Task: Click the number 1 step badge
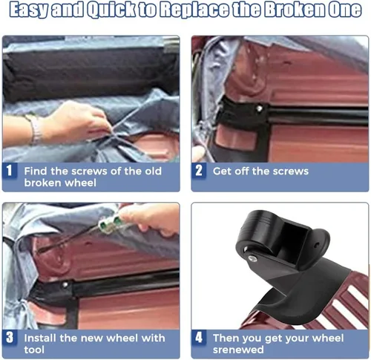pyautogui.click(x=10, y=171)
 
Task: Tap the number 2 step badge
pyautogui.click(x=199, y=171)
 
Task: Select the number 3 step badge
pyautogui.click(x=10, y=337)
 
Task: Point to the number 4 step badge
pyautogui.click(x=199, y=337)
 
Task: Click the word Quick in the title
pyautogui.click(x=111, y=10)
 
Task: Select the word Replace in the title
pyautogui.click(x=194, y=10)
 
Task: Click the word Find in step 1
pyautogui.click(x=36, y=171)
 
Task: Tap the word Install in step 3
pyautogui.click(x=39, y=338)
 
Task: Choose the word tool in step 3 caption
pyautogui.click(x=34, y=350)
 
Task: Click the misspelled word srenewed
pyautogui.click(x=238, y=350)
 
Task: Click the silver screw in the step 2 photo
pyautogui.click(x=259, y=108)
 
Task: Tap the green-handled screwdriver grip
pyautogui.click(x=111, y=221)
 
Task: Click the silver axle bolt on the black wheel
pyautogui.click(x=252, y=258)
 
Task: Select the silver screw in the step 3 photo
pyautogui.click(x=65, y=285)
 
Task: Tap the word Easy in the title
pyautogui.click(x=29, y=10)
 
